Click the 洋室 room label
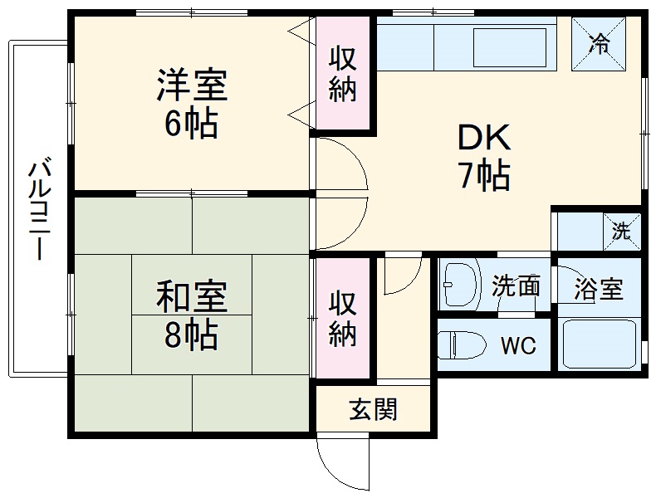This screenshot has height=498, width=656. (191, 85)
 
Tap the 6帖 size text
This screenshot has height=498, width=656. (191, 124)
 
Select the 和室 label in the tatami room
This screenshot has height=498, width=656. (191, 296)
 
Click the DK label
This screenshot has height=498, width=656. (482, 138)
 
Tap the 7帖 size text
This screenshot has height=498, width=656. (482, 175)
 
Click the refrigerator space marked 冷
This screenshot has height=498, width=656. (600, 44)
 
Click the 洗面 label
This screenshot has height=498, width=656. (516, 287)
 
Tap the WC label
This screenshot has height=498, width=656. (517, 345)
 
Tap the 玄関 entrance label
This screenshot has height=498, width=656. (372, 409)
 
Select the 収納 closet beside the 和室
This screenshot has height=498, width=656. (342, 319)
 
